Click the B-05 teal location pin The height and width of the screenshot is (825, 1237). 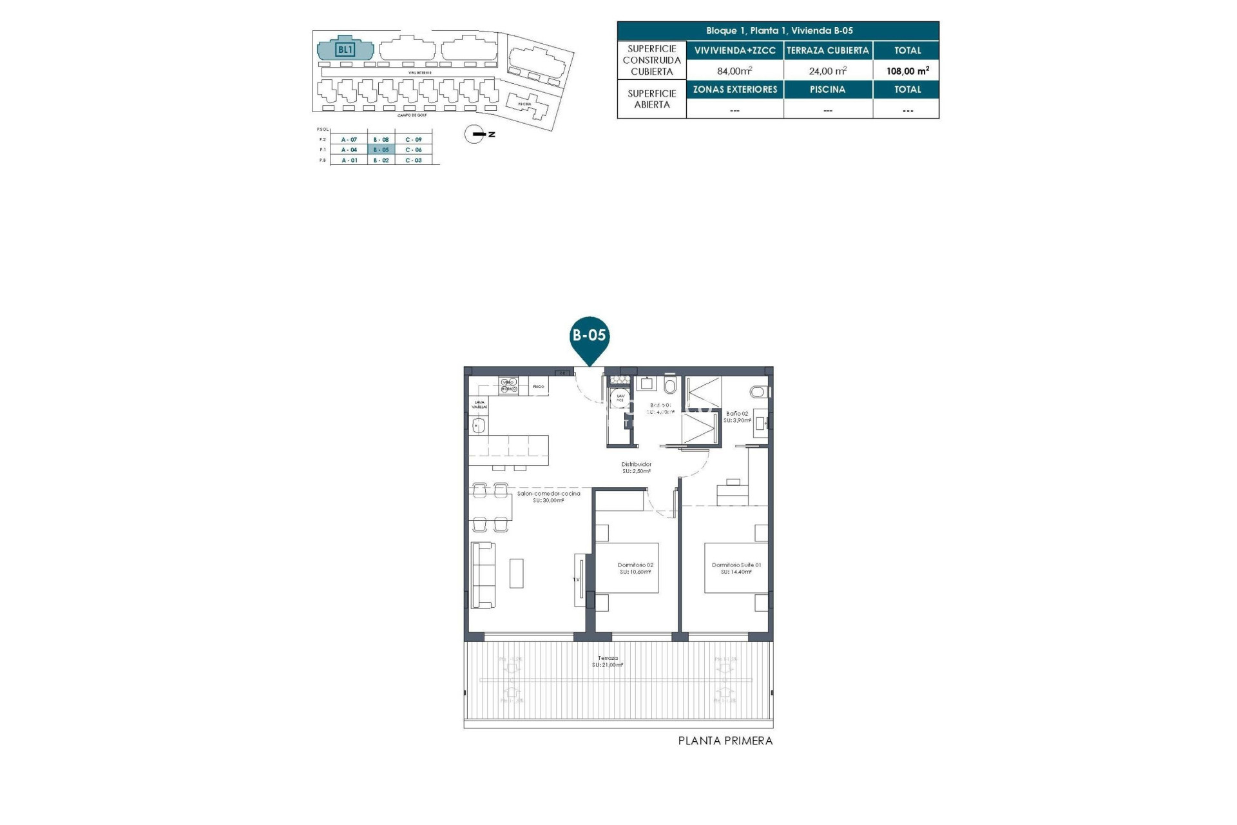click(590, 336)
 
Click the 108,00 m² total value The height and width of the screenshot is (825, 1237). click(907, 71)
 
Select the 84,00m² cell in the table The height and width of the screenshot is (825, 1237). click(734, 71)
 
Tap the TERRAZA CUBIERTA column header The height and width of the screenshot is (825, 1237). click(828, 50)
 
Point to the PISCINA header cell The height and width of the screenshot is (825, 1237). click(828, 90)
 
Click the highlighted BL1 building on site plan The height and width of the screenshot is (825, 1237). click(345, 49)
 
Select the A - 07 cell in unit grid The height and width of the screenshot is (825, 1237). click(349, 139)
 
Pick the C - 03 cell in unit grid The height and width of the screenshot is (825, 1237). click(414, 160)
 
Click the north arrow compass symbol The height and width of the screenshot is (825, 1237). click(475, 134)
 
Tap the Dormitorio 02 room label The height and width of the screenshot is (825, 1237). click(635, 568)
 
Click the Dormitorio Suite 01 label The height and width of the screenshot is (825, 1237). click(736, 568)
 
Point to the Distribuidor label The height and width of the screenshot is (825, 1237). click(636, 467)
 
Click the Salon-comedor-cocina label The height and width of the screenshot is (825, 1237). click(548, 496)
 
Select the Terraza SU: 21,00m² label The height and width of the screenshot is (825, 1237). click(608, 661)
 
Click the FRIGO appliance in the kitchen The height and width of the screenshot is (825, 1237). click(539, 387)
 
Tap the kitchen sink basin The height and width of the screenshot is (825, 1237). click(478, 425)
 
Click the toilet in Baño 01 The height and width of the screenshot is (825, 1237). click(670, 386)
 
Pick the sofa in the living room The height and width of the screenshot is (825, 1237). click(483, 575)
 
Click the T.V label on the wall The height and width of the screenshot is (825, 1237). click(577, 579)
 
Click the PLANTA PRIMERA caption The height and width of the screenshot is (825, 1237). click(725, 741)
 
